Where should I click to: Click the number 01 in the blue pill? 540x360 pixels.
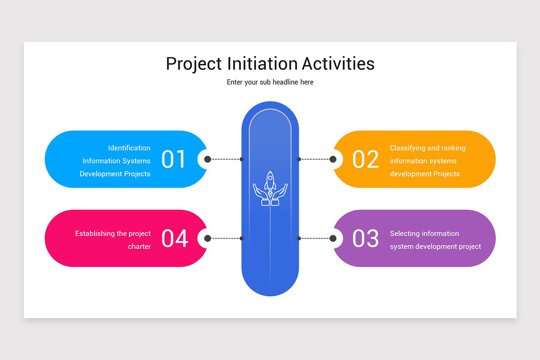pyautogui.click(x=174, y=159)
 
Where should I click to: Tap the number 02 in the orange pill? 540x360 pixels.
pyautogui.click(x=365, y=159)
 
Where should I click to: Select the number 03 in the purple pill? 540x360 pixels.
pyautogui.click(x=365, y=238)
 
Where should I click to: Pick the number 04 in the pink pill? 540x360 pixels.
pyautogui.click(x=175, y=238)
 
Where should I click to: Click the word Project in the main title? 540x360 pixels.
pyautogui.click(x=194, y=64)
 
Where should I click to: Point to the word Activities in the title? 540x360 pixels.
pyautogui.click(x=338, y=64)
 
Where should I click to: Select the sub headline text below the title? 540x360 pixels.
pyautogui.click(x=270, y=82)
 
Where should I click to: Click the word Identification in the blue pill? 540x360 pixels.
pyautogui.click(x=129, y=148)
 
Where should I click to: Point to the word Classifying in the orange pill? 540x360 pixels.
pyautogui.click(x=408, y=148)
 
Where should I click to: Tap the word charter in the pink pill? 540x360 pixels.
pyautogui.click(x=139, y=247)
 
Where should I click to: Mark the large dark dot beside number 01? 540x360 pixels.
pyautogui.click(x=207, y=159)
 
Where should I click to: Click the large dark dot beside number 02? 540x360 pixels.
pyautogui.click(x=333, y=159)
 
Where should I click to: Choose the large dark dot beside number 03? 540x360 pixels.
pyautogui.click(x=333, y=238)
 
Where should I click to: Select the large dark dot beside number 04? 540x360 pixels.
pyautogui.click(x=207, y=238)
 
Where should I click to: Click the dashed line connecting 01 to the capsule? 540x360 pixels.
pyautogui.click(x=225, y=159)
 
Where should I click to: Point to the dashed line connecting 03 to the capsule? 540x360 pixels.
pyautogui.click(x=315, y=238)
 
